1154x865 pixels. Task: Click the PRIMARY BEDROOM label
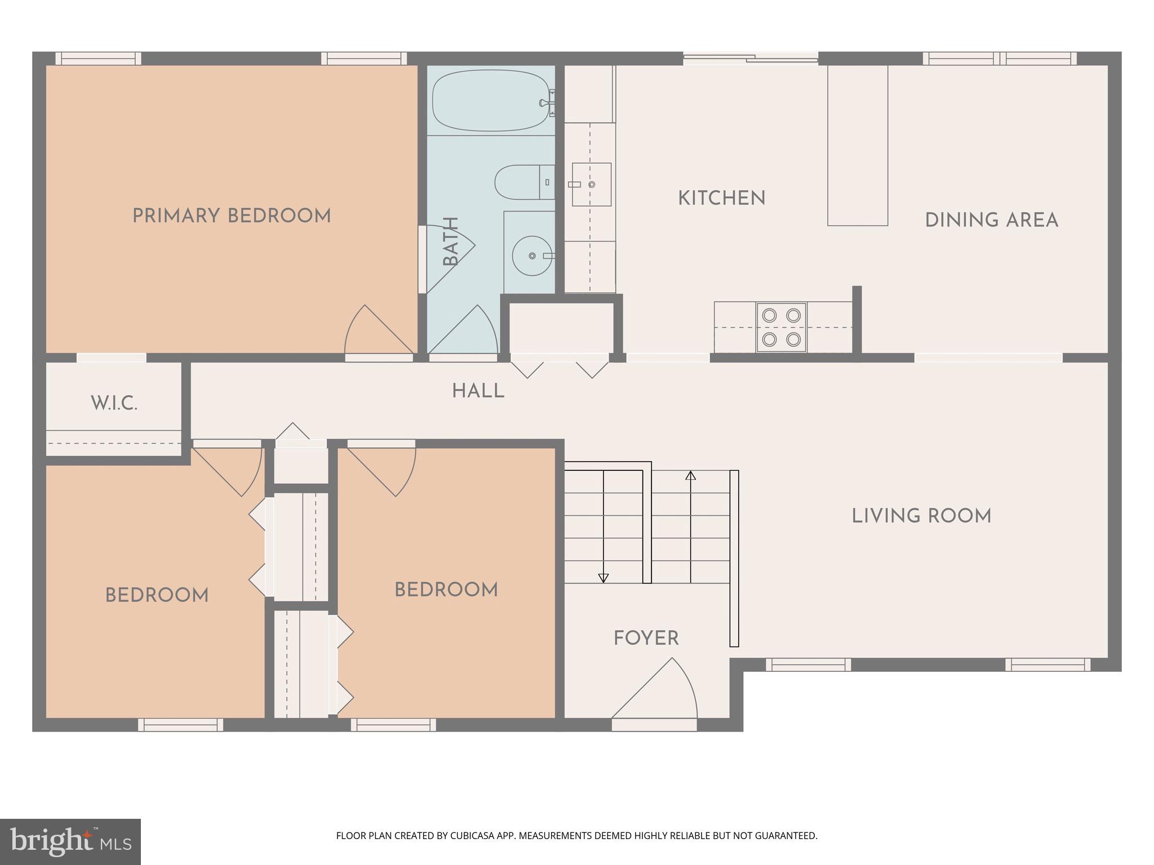[x=232, y=216]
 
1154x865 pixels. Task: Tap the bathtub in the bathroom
[x=490, y=100]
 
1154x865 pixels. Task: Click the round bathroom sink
[x=532, y=256]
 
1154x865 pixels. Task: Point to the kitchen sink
[x=591, y=185]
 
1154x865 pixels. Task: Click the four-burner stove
[x=782, y=327]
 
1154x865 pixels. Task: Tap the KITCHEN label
[x=721, y=198]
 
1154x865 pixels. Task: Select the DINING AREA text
[x=991, y=220]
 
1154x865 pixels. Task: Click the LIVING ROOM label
[x=921, y=516]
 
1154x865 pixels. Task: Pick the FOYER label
[x=646, y=638]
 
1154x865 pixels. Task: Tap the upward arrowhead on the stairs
[x=690, y=475]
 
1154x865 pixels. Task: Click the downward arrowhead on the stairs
[x=603, y=578]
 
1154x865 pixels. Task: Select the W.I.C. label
[x=114, y=403]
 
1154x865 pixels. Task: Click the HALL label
[x=478, y=391]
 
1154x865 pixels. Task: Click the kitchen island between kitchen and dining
[x=857, y=145]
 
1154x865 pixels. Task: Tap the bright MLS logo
[x=70, y=841]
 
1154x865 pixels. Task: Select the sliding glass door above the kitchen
[x=750, y=57]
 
